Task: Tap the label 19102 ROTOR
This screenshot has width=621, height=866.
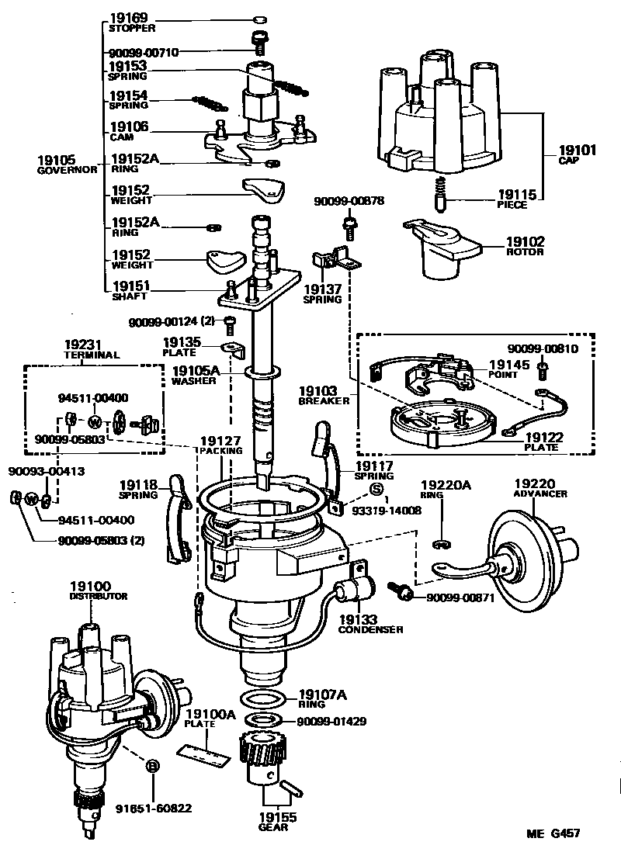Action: tap(525, 246)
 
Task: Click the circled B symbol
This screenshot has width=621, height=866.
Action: tap(153, 766)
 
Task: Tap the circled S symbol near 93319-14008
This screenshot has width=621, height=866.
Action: tap(376, 489)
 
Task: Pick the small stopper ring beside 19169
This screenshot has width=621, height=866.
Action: tap(262, 19)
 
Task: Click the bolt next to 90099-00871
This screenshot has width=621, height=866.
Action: tap(406, 593)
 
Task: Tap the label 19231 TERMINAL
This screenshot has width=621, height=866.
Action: tap(91, 349)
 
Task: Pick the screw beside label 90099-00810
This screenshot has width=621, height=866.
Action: tap(543, 366)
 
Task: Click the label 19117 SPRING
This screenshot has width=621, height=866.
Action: tap(373, 470)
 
